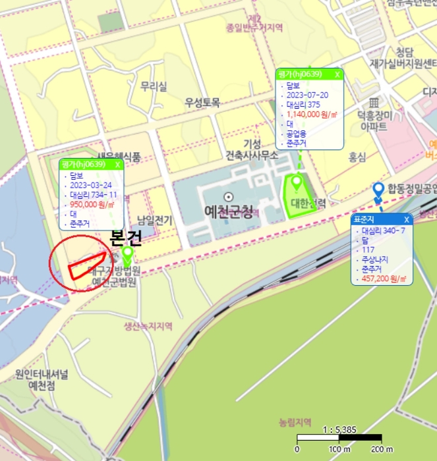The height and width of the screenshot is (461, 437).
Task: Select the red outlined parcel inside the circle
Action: tap(88, 263)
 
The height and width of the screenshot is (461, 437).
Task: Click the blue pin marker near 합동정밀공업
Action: tap(378, 192)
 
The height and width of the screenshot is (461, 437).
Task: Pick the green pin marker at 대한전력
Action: tap(297, 182)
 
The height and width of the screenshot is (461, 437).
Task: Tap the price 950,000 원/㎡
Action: tap(92, 205)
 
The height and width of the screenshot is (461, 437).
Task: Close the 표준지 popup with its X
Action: tap(407, 219)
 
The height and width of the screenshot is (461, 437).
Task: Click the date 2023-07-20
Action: tap(307, 95)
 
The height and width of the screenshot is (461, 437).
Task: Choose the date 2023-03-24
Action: tap(90, 186)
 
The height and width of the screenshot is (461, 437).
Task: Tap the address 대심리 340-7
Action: tap(384, 231)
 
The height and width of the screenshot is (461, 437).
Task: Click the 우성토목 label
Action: tap(202, 103)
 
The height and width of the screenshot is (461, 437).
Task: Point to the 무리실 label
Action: tap(154, 86)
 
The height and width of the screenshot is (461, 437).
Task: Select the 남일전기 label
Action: tap(155, 220)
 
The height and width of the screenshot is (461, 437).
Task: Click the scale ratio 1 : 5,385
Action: tap(339, 430)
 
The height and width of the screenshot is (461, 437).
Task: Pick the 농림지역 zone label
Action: tap(295, 421)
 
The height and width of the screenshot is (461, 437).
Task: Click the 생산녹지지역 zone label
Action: tap(148, 326)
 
